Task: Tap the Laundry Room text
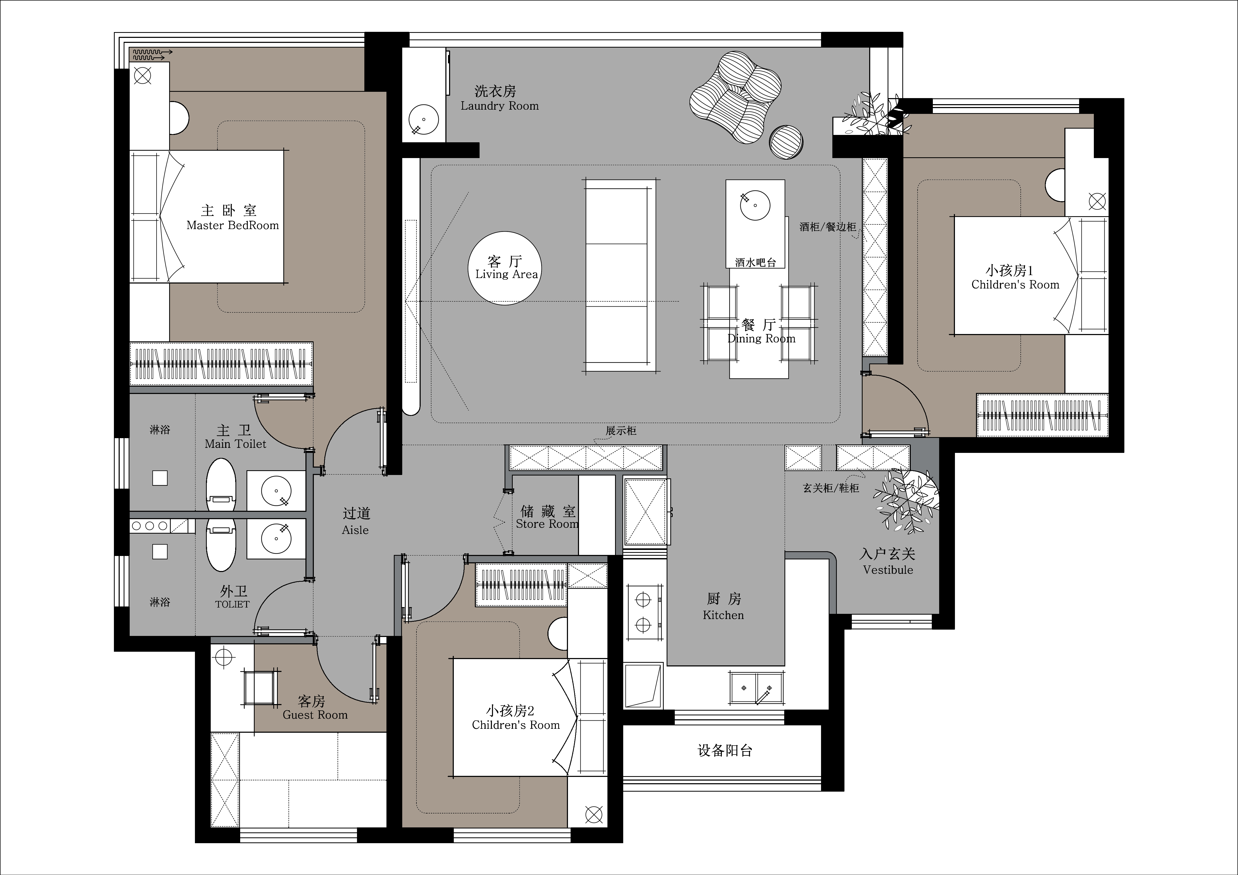(x=500, y=106)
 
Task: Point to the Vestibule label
(x=888, y=570)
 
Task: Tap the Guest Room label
(x=315, y=715)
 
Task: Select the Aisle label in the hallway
(x=355, y=530)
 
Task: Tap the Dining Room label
(x=761, y=338)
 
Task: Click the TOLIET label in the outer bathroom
(x=232, y=604)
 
